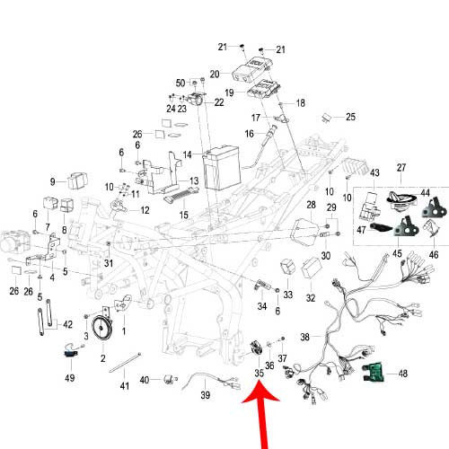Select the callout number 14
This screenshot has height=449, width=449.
coord(187,154)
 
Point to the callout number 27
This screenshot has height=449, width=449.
coord(401,168)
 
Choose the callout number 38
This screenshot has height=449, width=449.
coord(304,338)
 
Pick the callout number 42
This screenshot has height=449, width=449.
coord(68,324)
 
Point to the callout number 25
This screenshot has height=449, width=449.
coord(350,117)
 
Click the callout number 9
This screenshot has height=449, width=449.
coord(53,181)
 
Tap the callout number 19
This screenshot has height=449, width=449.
coord(230,92)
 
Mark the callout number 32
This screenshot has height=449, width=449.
coord(310,297)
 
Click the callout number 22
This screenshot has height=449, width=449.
coord(219,103)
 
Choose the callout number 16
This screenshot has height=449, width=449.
coord(250,134)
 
